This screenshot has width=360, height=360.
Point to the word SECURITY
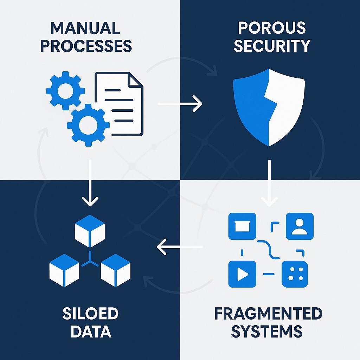pos(272,46)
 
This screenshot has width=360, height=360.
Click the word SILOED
pos(90,314)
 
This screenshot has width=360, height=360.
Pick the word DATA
pos(90,332)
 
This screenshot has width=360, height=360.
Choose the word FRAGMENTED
pos(268,314)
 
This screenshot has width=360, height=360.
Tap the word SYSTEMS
pos(268,332)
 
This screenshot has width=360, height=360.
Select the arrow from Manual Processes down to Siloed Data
pos(90,183)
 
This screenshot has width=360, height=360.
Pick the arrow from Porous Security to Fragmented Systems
pos(269,183)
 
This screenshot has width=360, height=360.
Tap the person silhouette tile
pos(299,226)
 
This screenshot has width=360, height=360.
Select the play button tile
pos(242,274)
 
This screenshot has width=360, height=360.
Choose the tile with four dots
pos(295,274)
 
